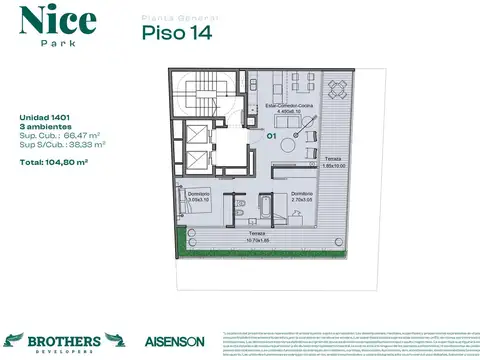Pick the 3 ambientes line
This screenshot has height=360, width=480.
tap(43, 126)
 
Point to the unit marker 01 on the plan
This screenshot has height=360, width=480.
tap(270, 134)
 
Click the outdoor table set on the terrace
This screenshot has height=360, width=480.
tap(338, 87)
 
